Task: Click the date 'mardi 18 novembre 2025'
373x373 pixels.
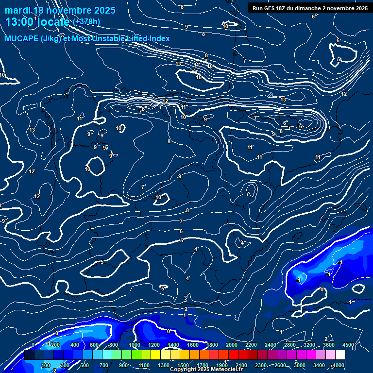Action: coord(60,10)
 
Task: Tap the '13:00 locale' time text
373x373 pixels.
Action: coord(37,21)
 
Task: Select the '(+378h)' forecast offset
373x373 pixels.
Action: coord(86,21)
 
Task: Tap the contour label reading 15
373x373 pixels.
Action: coord(198,77)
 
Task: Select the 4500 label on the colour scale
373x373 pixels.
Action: coord(348,345)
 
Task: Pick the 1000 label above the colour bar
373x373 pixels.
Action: coord(134,345)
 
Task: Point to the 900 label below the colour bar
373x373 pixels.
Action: coord(123,365)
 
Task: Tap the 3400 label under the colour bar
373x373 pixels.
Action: coord(320,365)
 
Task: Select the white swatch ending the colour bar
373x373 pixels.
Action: coord(340,355)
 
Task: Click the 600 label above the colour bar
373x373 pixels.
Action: coord(94,345)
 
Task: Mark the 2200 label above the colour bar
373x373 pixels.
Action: coord(251,345)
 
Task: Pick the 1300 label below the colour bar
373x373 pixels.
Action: coord(163,365)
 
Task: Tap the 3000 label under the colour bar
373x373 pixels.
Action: coord(300,365)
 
